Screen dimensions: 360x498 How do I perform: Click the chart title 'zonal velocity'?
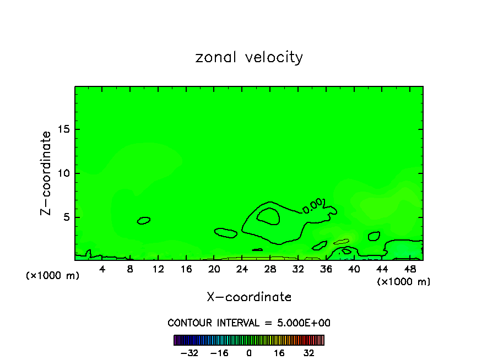click(249, 57)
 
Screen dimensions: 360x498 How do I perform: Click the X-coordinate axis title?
click(249, 297)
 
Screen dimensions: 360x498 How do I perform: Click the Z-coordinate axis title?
click(46, 173)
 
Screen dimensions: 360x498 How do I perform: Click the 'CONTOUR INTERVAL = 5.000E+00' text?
click(249, 323)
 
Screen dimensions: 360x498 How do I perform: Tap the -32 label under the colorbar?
click(188, 353)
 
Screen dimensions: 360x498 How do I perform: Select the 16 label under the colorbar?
click(279, 353)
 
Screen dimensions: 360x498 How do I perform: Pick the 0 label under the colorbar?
click(249, 353)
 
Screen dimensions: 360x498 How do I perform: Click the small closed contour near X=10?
click(144, 220)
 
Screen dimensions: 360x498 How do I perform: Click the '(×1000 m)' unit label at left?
click(53, 276)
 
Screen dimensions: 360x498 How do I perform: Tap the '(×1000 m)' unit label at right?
click(403, 282)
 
